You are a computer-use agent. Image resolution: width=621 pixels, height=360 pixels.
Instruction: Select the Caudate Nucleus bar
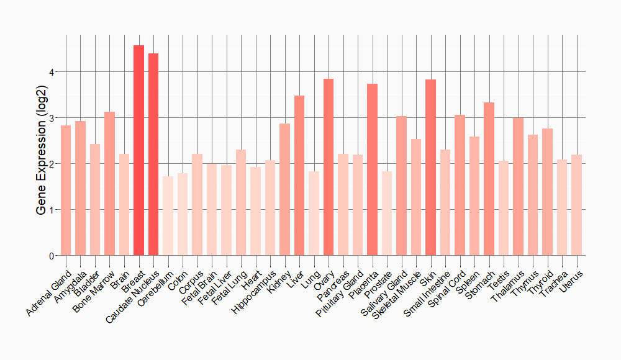point(153,155)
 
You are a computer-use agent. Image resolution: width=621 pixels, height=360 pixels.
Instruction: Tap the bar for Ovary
point(329,167)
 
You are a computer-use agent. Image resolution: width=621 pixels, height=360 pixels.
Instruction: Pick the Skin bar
point(431,168)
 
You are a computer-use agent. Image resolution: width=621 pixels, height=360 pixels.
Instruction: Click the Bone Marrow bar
point(109,184)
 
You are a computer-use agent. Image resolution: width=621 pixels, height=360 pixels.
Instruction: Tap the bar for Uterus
point(577,205)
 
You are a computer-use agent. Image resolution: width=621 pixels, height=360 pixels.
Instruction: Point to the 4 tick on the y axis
point(52,72)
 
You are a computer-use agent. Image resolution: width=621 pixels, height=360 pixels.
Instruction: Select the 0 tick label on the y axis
point(52,256)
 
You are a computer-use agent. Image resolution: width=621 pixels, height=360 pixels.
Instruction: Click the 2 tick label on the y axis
point(52,164)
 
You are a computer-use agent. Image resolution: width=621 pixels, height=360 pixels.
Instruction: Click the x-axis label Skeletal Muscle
point(399,294)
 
